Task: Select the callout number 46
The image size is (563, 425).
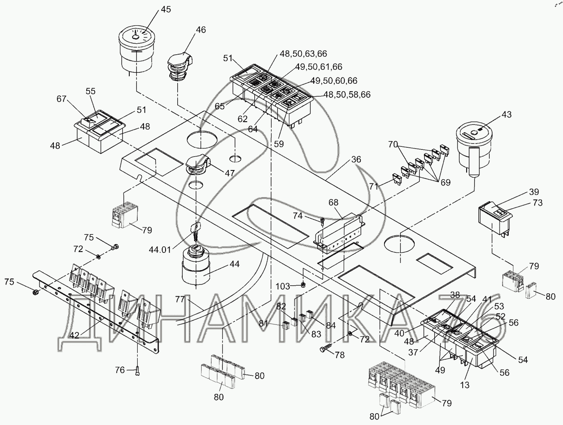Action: click(201, 30)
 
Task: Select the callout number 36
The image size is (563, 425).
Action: click(356, 160)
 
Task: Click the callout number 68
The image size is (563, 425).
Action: click(334, 203)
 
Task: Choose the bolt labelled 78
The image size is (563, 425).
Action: click(326, 349)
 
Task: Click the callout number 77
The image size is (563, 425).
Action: click(180, 299)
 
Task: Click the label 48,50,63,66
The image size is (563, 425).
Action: click(303, 54)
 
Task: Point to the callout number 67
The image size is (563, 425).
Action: click(62, 99)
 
